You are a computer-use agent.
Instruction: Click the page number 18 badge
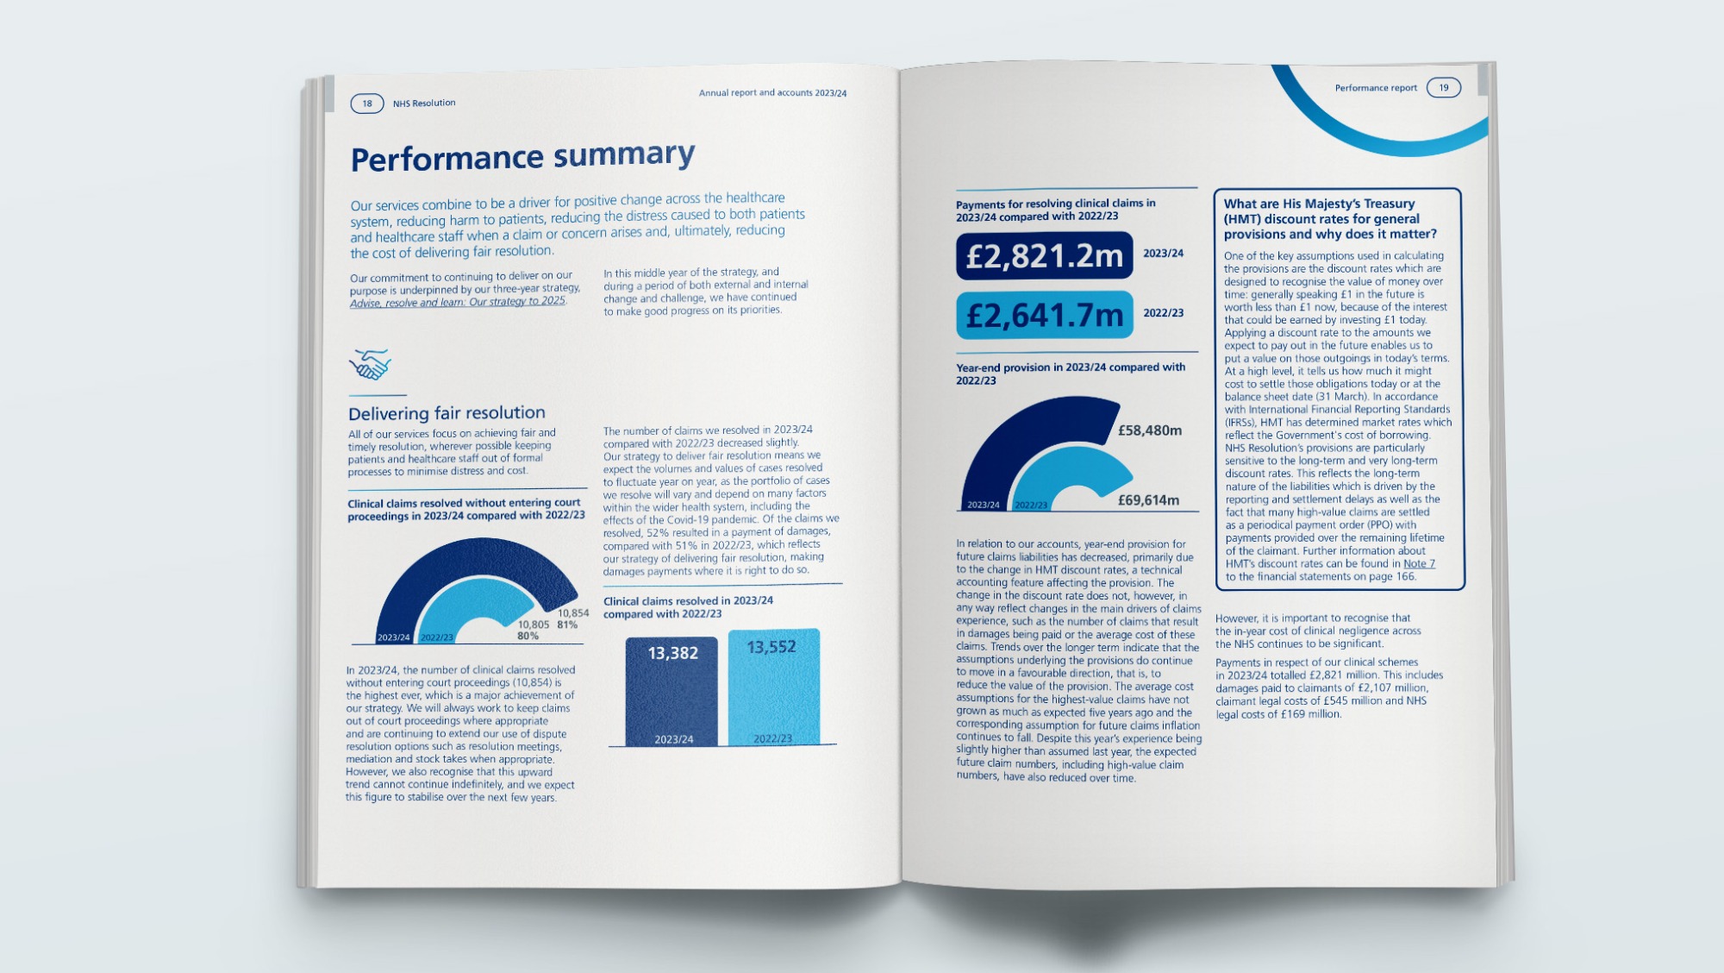click(x=367, y=104)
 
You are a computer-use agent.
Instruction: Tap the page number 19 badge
click(x=1443, y=87)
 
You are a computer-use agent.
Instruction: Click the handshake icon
click(x=370, y=364)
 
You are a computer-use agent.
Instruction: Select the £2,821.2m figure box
click(x=1044, y=255)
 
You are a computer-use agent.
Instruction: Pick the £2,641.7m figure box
click(x=1044, y=315)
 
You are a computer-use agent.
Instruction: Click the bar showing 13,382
click(x=671, y=690)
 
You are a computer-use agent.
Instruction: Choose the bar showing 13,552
click(x=773, y=686)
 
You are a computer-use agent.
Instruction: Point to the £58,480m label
click(x=1150, y=430)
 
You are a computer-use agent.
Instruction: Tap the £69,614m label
click(x=1148, y=500)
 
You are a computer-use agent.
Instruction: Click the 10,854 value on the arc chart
click(x=573, y=612)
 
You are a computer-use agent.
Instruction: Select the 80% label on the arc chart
click(x=528, y=636)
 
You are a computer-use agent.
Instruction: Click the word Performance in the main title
click(x=447, y=159)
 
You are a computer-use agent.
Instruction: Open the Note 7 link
click(x=1419, y=563)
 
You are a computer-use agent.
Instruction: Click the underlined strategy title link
click(x=458, y=302)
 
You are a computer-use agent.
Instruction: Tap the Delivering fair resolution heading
click(x=447, y=413)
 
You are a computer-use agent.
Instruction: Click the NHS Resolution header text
click(x=424, y=104)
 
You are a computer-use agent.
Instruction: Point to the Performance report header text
click(x=1376, y=88)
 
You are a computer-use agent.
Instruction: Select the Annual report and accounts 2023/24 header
click(x=772, y=92)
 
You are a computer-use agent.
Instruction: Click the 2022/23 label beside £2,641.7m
click(x=1163, y=313)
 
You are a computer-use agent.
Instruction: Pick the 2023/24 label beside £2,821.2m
click(x=1163, y=254)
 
